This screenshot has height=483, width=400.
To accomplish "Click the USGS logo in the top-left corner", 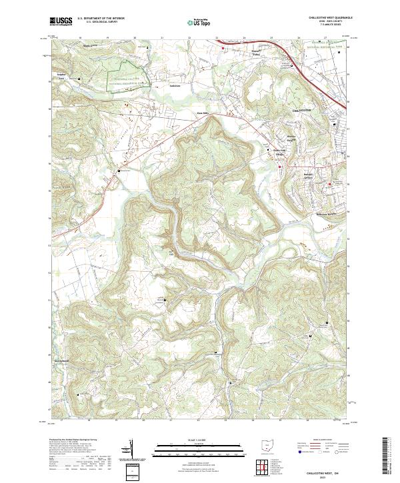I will (x=61, y=21).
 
